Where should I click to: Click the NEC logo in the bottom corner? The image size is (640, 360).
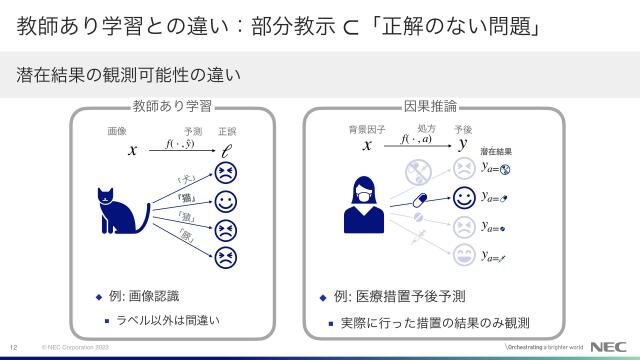(x=609, y=347)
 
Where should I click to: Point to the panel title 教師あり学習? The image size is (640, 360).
(x=171, y=106)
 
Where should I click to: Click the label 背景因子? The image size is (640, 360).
(x=366, y=131)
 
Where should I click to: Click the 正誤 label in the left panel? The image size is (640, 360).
(x=227, y=131)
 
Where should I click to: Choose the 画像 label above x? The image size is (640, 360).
(x=117, y=131)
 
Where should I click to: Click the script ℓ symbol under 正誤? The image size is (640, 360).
(x=227, y=150)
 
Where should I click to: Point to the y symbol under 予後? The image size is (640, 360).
(x=463, y=145)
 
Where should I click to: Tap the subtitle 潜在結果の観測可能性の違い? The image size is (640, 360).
(x=129, y=75)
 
